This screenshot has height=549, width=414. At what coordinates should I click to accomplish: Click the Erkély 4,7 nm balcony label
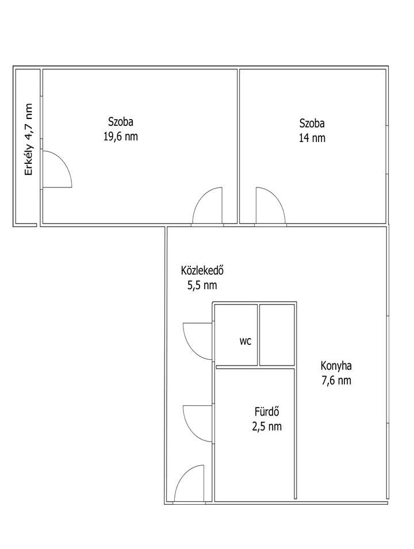tap(28, 139)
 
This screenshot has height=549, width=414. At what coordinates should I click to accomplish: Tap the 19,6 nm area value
tap(121, 136)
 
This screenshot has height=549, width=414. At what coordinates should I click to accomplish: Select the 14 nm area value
tap(312, 137)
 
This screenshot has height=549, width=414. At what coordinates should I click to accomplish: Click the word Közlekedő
tap(202, 271)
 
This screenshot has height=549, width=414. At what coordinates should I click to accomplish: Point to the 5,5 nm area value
tap(202, 285)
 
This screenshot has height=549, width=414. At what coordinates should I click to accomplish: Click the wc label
tap(246, 341)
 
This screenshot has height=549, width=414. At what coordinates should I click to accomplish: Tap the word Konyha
tap(336, 366)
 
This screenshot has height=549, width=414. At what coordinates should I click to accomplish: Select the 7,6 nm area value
tap(336, 381)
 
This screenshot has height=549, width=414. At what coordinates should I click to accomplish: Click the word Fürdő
tap(267, 412)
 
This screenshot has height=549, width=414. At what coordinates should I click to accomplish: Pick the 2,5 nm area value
tap(267, 426)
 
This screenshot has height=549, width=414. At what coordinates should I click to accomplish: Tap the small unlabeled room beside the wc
tap(277, 335)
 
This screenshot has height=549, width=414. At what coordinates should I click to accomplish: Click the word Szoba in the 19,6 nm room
tap(121, 122)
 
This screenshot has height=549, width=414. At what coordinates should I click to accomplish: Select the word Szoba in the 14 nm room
tap(312, 123)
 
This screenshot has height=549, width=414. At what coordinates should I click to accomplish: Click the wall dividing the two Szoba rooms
tap(239, 147)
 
